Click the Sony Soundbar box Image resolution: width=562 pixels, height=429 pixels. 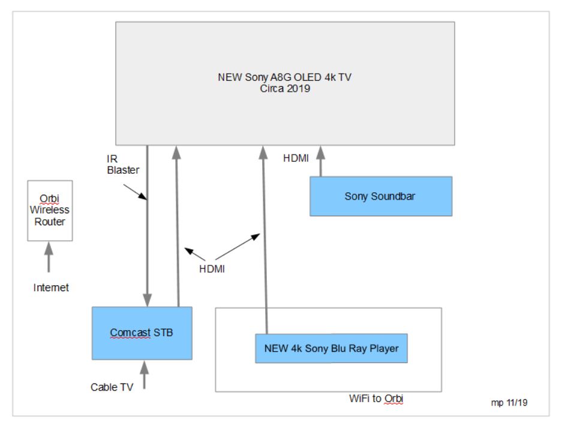(x=380, y=197)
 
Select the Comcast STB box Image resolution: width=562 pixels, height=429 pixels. (x=142, y=333)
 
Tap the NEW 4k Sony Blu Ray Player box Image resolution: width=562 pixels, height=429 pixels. (x=331, y=348)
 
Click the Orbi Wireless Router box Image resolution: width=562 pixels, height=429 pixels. (x=50, y=210)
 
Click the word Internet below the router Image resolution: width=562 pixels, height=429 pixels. (x=51, y=288)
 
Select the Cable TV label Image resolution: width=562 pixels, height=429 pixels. (x=112, y=387)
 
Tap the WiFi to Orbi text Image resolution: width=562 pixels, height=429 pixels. (x=376, y=398)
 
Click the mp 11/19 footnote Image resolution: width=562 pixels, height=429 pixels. (x=509, y=403)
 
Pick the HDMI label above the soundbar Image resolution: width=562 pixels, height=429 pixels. (x=296, y=158)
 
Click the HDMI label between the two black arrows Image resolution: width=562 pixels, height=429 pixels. (x=212, y=269)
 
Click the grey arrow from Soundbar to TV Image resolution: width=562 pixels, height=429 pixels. (x=320, y=162)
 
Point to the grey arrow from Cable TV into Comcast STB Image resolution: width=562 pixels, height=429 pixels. (x=144, y=374)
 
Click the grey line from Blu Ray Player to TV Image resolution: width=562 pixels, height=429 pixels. (x=264, y=240)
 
